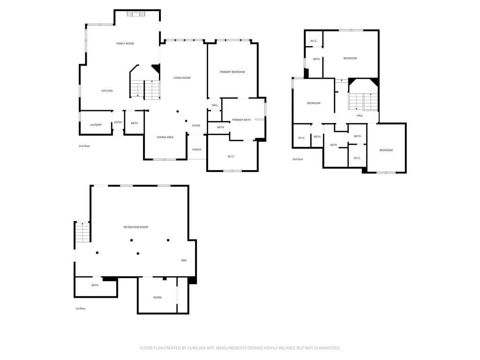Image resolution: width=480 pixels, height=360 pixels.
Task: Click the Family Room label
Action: click(x=125, y=44)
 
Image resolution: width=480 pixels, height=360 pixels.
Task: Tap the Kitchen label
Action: click(x=107, y=91)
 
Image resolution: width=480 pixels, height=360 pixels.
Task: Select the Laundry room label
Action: click(x=96, y=125)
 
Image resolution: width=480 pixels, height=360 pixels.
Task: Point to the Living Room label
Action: click(x=182, y=78)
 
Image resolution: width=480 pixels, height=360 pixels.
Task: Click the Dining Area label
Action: click(x=165, y=137)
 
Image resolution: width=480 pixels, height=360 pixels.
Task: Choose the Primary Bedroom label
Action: click(x=232, y=72)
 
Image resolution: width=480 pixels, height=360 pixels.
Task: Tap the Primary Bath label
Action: click(x=241, y=120)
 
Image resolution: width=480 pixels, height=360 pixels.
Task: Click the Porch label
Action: click(x=197, y=150)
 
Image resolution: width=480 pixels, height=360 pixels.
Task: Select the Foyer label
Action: click(x=196, y=126)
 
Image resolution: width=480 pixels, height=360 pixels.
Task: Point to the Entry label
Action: click(x=118, y=122)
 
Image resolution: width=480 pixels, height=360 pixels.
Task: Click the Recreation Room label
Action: click(x=135, y=227)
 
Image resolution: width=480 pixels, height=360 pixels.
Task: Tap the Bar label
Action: click(x=184, y=261)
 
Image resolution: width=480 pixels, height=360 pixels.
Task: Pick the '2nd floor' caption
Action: click(x=84, y=146)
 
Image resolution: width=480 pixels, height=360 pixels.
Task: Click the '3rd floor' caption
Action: click(x=298, y=159)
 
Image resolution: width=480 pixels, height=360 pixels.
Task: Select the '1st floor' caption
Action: click(x=81, y=308)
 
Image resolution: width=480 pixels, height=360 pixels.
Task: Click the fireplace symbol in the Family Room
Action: click(x=136, y=14)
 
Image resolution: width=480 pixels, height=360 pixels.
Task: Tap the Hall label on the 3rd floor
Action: click(x=360, y=116)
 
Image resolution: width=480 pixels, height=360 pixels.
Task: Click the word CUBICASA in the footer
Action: click(x=197, y=348)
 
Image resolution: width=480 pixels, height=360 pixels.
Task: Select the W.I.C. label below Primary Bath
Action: click(x=231, y=157)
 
